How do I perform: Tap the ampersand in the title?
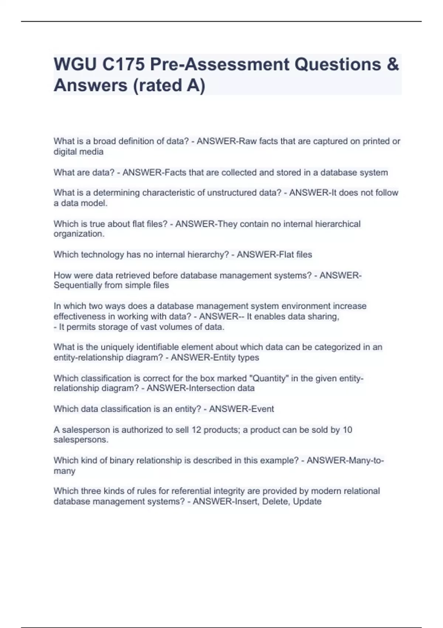click(x=393, y=64)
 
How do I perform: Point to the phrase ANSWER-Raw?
click(x=225, y=141)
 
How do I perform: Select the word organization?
click(x=79, y=234)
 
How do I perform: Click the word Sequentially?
click(x=78, y=285)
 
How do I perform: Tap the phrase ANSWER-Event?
click(x=241, y=409)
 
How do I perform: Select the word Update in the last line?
click(x=307, y=502)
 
